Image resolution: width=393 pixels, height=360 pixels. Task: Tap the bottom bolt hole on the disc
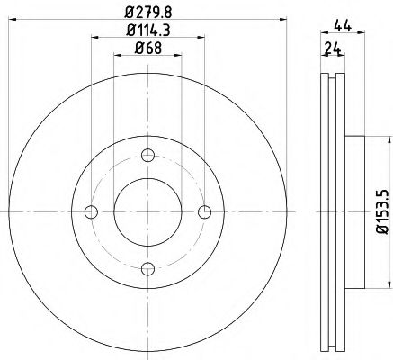[147, 268]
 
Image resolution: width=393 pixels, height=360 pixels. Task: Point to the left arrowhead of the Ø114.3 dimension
[94, 39]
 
